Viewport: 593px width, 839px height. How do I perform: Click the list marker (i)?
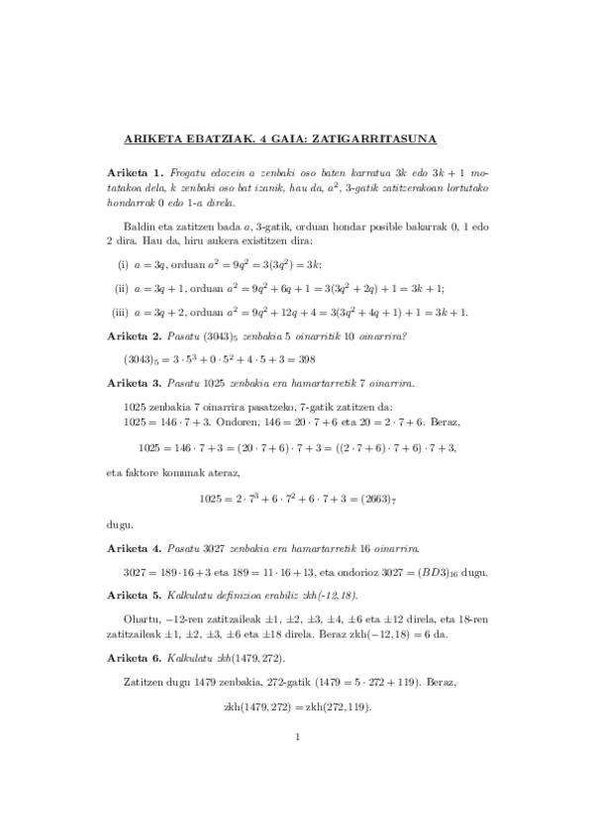[123, 265]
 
